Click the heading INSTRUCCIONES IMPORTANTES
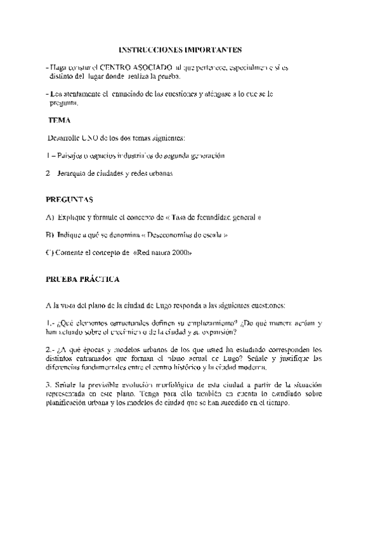(181, 49)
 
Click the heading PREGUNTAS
(70, 199)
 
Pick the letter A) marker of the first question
(50, 217)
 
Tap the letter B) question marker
(50, 235)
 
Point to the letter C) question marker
(50, 253)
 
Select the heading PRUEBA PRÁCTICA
(82, 279)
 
